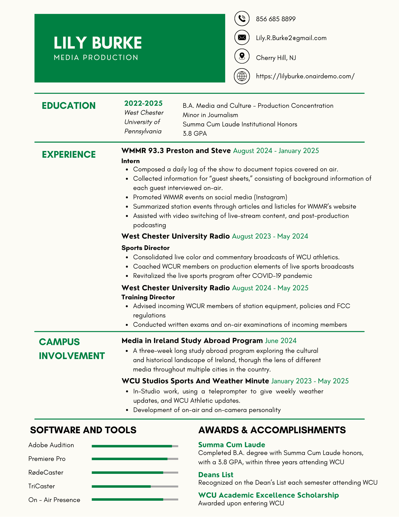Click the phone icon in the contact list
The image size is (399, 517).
coord(242,19)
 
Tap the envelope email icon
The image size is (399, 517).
coord(242,37)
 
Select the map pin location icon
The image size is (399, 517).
coord(242,56)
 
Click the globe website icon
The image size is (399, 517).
coord(242,76)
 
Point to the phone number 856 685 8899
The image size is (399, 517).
coord(276,19)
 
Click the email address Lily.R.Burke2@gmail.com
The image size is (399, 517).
coord(291,38)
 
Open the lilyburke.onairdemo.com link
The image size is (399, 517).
coord(305,76)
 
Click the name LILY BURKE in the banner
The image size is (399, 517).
coord(98,43)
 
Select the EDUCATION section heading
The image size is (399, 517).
coord(69,106)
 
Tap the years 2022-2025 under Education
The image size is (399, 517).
coord(143,103)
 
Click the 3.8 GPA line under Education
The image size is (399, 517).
coord(195,133)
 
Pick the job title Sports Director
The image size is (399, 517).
coord(145,248)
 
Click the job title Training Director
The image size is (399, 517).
coord(148,297)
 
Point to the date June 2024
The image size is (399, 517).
coord(281,341)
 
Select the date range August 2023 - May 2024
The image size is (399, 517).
coord(270,236)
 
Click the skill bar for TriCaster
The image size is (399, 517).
coord(135,486)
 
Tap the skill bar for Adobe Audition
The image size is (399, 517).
coord(135,446)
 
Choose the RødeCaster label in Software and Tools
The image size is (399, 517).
coord(46,473)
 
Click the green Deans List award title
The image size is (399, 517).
coord(216,475)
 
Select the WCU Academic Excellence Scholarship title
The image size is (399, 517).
coord(268,495)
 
